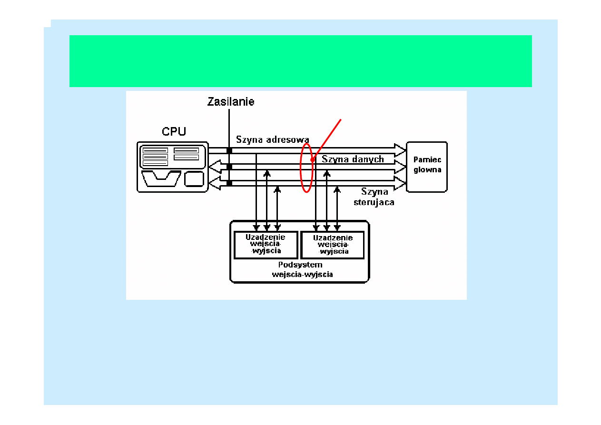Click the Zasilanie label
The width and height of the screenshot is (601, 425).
[x=231, y=101]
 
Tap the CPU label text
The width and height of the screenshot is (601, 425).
[x=174, y=131]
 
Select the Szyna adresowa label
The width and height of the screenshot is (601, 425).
[x=273, y=139]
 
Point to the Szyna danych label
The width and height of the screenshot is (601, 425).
[x=353, y=159]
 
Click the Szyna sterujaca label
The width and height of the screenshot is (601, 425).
[x=374, y=197]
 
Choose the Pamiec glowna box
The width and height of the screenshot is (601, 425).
[x=427, y=167]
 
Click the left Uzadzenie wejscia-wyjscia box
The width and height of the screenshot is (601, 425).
[x=266, y=245]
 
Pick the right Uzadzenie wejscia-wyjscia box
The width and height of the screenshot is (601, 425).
[x=333, y=245]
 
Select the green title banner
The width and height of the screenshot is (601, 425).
[x=300, y=61]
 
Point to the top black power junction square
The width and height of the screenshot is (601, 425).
[x=229, y=150]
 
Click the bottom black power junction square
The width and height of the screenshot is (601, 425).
[x=229, y=183]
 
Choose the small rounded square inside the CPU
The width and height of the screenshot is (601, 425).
[x=194, y=179]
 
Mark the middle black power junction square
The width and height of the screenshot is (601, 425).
[x=229, y=167]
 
